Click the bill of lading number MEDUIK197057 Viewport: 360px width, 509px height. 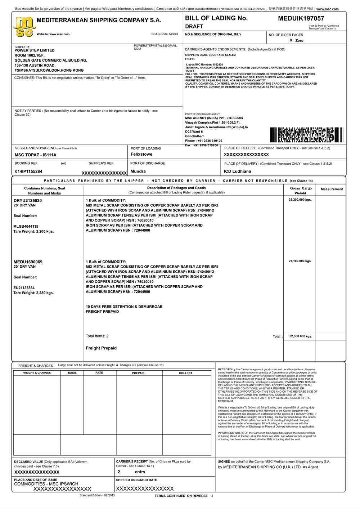pyautogui.click(x=301, y=18)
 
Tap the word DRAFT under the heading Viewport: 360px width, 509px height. pyautogui.click(x=194, y=27)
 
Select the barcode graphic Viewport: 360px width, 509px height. pyautogui.click(x=306, y=135)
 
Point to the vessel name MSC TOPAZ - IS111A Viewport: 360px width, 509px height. pyautogui.click(x=36, y=155)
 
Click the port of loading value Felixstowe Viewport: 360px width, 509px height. pyautogui.click(x=141, y=154)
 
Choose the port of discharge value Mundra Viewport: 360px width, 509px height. pyautogui.click(x=138, y=171)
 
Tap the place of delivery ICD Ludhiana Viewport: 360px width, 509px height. pyautogui.click(x=237, y=171)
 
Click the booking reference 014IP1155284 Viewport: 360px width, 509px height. pyautogui.click(x=29, y=171)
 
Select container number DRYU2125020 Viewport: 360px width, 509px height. pyautogui.click(x=28, y=201)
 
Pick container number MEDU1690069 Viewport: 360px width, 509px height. pyautogui.click(x=28, y=262)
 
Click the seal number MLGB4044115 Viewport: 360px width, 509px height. pyautogui.click(x=26, y=227)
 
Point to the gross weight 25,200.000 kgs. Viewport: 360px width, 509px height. pyautogui.click(x=300, y=200)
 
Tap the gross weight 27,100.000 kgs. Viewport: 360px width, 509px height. pyautogui.click(x=300, y=261)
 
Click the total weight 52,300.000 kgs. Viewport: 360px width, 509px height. pyautogui.click(x=301, y=336)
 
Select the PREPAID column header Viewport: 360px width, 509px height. pyautogui.click(x=138, y=373)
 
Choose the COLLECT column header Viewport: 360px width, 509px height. pyautogui.click(x=186, y=373)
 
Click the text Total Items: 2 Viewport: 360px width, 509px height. pyautogui.click(x=97, y=336)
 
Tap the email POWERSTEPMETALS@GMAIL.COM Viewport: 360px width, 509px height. pyautogui.click(x=155, y=47)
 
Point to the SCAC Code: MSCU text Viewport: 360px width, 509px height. pyautogui.click(x=165, y=34)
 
